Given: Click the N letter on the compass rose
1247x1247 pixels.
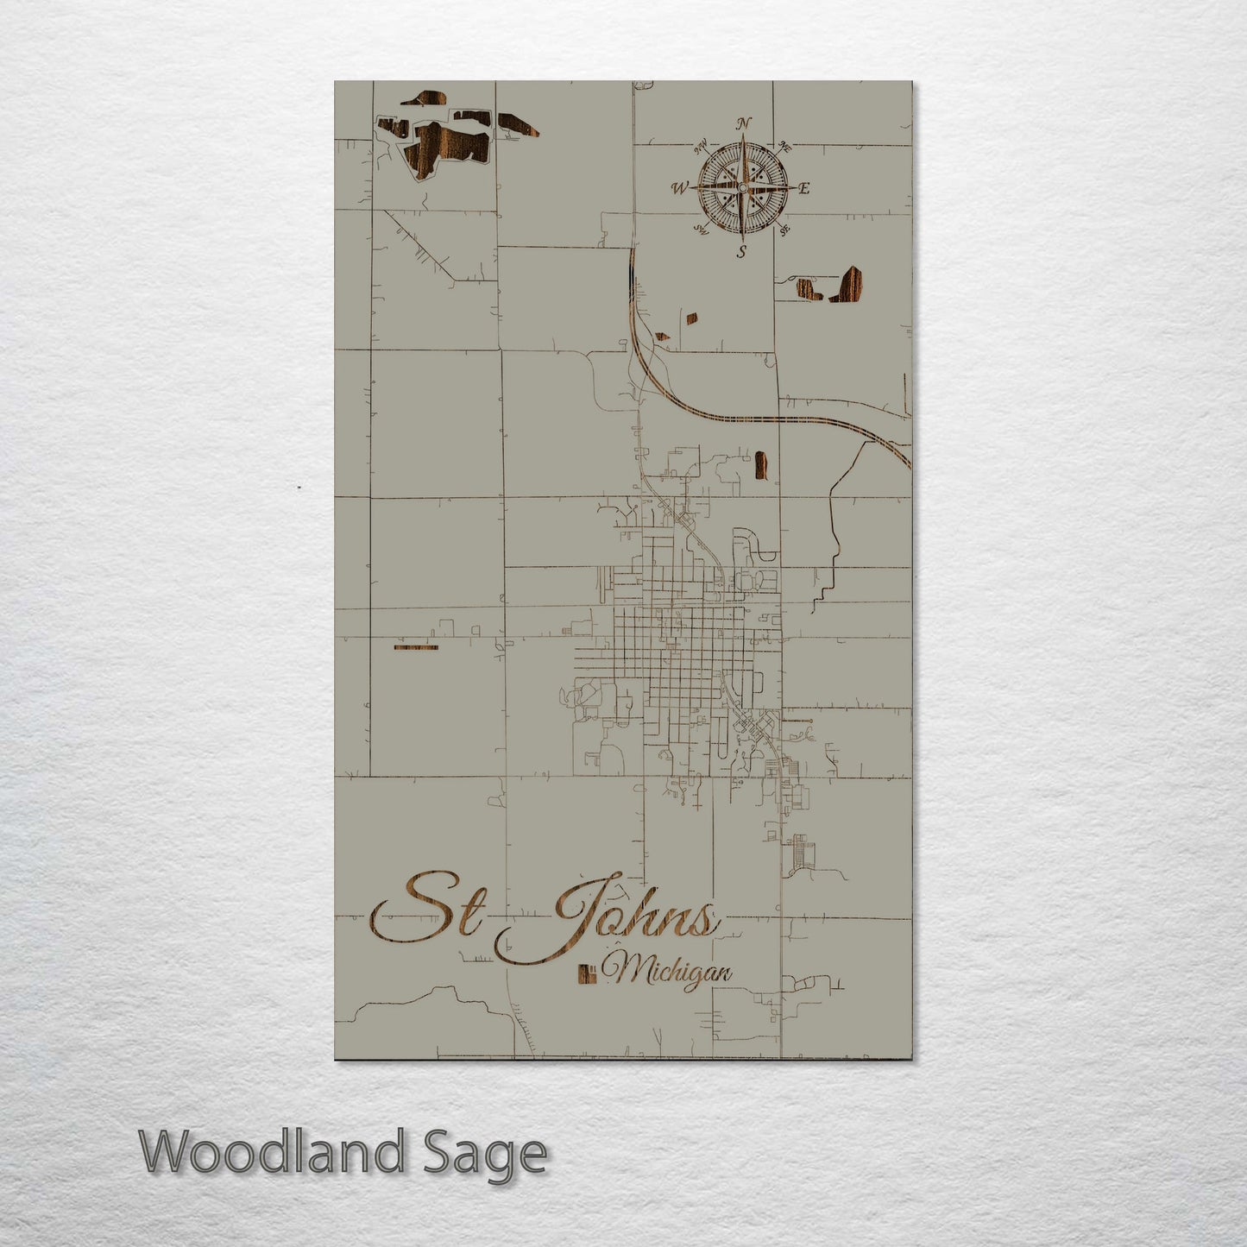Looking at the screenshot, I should [744, 123].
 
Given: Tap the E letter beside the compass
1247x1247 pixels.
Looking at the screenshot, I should [804, 188].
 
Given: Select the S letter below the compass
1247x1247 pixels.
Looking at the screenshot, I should [741, 251].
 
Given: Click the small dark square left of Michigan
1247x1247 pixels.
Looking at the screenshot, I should [586, 973].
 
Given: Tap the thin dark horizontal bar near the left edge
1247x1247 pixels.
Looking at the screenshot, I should [415, 646].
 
